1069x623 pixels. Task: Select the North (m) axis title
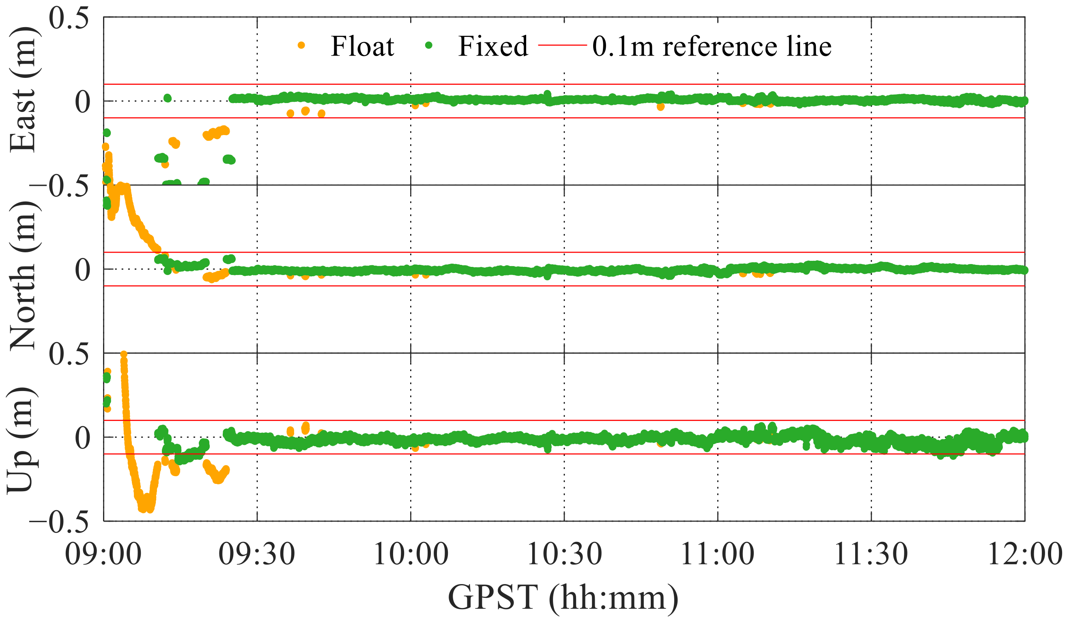[24, 275]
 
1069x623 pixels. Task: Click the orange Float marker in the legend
[301, 45]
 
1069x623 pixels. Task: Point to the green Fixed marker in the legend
[428, 45]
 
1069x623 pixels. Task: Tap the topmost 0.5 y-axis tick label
[69, 19]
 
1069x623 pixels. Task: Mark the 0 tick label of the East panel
[83, 102]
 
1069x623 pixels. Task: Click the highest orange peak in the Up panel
[124, 354]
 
